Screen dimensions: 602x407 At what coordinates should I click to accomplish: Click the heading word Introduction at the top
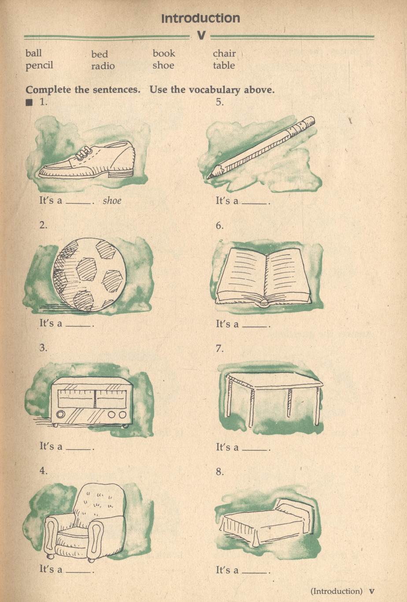(x=200, y=18)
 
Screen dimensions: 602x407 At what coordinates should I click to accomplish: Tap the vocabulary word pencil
(x=39, y=65)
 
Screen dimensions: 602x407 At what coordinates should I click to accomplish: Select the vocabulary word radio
(x=103, y=66)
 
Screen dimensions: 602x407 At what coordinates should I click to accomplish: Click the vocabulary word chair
(x=224, y=53)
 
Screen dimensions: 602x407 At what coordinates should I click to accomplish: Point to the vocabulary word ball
(x=33, y=53)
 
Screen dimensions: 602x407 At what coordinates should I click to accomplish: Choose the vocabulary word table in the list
(x=224, y=66)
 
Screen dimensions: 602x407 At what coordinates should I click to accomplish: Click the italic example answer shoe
(x=112, y=201)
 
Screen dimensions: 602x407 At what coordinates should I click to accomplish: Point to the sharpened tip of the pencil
(x=211, y=175)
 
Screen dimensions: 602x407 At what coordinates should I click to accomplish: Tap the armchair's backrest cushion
(x=99, y=503)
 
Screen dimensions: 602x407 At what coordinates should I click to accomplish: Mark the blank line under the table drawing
(x=255, y=449)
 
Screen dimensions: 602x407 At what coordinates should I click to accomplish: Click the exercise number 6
(x=220, y=226)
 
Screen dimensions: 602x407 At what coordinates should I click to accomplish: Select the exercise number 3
(x=43, y=348)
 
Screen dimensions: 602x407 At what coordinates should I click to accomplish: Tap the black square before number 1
(x=29, y=104)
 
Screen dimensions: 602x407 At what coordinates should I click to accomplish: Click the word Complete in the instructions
(x=48, y=90)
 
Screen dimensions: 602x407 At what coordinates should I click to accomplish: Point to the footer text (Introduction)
(x=337, y=591)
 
